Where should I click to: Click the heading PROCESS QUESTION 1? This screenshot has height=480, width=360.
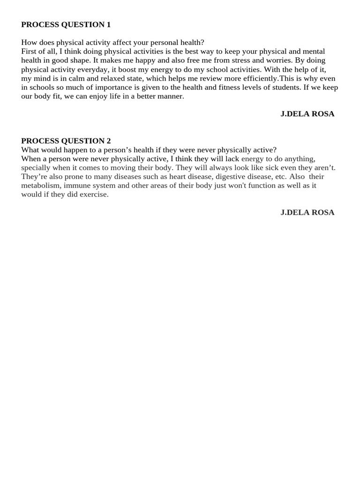66,24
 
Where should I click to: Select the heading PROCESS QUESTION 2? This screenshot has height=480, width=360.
66,141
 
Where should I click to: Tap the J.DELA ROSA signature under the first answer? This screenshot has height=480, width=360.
307,114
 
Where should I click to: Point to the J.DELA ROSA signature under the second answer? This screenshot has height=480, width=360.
307,212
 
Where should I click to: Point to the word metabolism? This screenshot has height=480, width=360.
41,186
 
